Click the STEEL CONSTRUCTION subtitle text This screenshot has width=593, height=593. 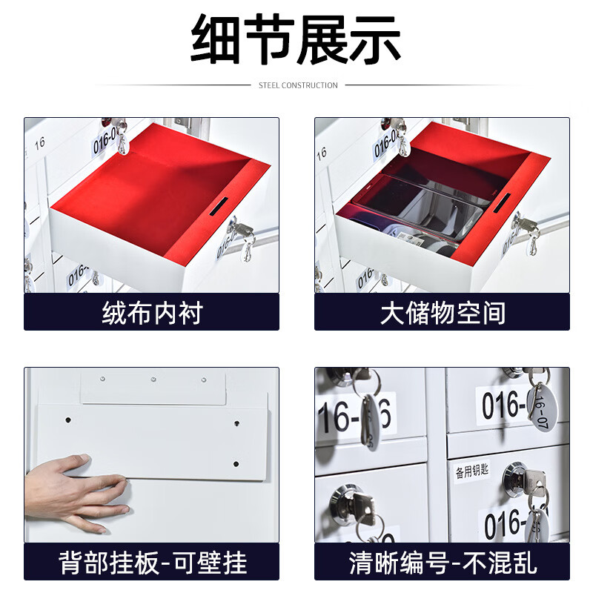298,85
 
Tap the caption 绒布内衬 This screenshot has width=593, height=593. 151,313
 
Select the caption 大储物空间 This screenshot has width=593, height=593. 443,313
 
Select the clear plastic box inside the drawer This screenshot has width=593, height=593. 415,211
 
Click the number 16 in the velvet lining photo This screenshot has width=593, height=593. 40,141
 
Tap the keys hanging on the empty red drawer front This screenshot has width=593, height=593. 241,237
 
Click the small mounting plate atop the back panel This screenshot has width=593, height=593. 153,388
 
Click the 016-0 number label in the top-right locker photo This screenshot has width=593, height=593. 504,406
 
